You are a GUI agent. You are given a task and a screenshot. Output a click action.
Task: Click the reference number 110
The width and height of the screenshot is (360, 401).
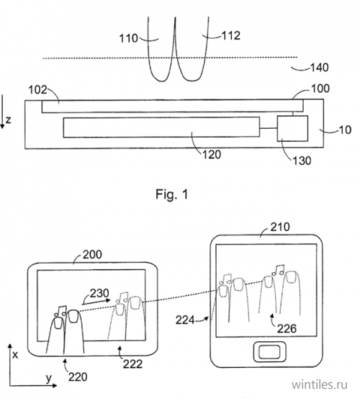click(x=129, y=39)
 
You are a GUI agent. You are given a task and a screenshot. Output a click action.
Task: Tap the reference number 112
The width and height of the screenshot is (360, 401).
click(x=231, y=35)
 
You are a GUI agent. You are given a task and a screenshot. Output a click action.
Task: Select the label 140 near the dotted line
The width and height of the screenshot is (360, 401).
click(x=320, y=68)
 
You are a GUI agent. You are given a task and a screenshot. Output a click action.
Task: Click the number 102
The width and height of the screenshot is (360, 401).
click(x=38, y=90)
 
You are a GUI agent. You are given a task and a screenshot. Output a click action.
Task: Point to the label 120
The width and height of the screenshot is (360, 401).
click(x=212, y=155)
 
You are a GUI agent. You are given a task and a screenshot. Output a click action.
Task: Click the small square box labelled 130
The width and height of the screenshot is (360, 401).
click(x=293, y=128)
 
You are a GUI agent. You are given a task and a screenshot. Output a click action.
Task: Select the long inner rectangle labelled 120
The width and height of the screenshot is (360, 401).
click(x=161, y=127)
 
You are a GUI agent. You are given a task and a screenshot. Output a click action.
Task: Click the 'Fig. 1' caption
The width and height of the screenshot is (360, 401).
click(x=172, y=194)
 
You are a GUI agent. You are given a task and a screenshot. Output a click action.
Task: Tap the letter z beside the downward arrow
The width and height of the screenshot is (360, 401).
click(x=8, y=120)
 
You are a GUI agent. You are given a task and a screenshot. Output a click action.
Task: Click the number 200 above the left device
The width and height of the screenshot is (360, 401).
click(x=92, y=254)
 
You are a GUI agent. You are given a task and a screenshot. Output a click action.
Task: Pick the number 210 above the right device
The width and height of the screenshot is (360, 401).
click(x=280, y=227)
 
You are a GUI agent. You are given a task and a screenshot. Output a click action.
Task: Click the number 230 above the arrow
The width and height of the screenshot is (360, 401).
click(x=99, y=293)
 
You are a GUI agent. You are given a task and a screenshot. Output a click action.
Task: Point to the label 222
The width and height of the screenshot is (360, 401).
click(x=132, y=364)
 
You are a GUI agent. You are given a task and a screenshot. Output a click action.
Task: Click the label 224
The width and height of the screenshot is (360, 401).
click(x=185, y=320)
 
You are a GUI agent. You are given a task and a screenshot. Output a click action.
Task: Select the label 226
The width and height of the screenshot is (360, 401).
click(x=287, y=328)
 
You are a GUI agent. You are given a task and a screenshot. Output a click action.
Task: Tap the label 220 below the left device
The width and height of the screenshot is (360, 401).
click(x=78, y=377)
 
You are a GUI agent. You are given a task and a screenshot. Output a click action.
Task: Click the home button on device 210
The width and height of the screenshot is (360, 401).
click(x=269, y=351)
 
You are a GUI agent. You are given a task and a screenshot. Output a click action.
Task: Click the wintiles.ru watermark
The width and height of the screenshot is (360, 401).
click(x=320, y=384)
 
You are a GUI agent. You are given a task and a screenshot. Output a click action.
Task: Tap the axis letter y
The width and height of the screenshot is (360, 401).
click(x=49, y=378)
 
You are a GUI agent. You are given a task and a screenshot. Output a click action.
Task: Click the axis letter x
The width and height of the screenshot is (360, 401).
click(x=15, y=355)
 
